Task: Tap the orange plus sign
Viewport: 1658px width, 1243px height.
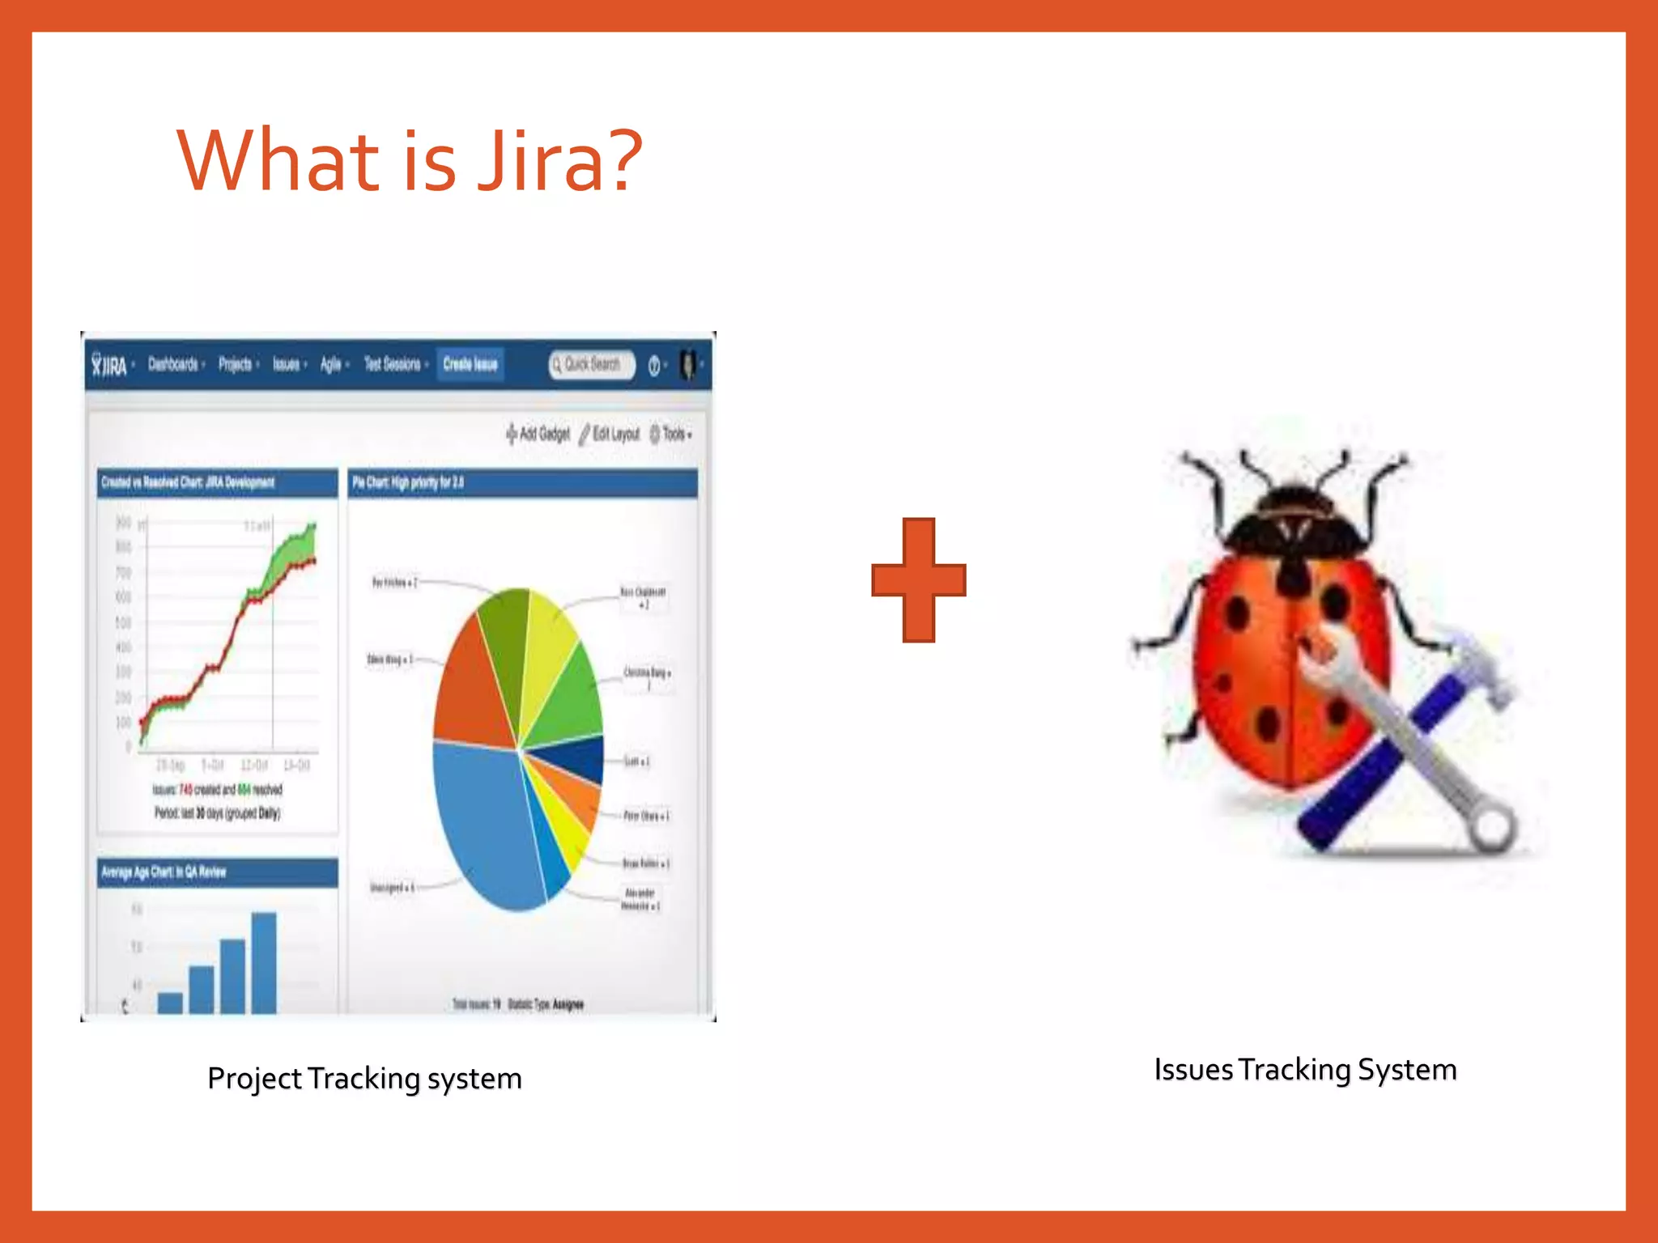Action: (x=918, y=580)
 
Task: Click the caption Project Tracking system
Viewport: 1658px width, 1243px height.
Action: (x=364, y=1079)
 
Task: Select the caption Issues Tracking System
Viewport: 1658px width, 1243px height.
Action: (x=1305, y=1070)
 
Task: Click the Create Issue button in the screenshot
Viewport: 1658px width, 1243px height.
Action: (x=470, y=364)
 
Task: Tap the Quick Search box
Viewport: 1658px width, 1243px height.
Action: (x=591, y=365)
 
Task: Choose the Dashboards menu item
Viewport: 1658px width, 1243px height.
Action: (x=173, y=365)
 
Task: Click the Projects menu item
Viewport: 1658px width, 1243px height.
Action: (x=235, y=365)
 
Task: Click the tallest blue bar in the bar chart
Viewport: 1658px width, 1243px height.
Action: (x=264, y=963)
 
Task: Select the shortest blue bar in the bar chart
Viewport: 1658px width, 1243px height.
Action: (x=170, y=1003)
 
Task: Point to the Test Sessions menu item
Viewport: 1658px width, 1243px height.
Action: (x=392, y=365)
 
